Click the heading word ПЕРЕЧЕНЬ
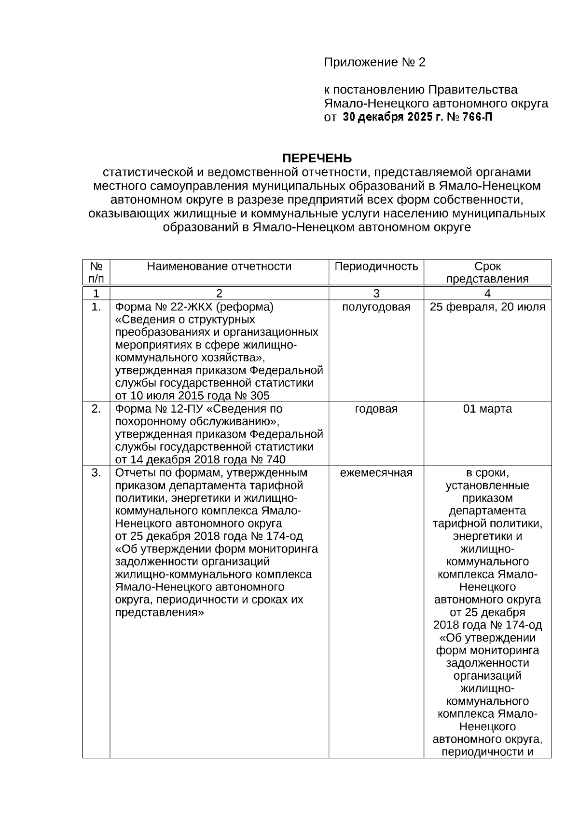(317, 158)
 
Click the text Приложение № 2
(374, 63)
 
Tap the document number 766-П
(478, 117)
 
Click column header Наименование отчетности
(219, 267)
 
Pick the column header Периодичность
(376, 267)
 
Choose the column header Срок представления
(487, 272)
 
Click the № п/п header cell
(96, 272)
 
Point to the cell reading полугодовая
(376, 307)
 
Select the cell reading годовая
(376, 409)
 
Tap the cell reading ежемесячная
(376, 473)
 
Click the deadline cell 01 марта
(487, 409)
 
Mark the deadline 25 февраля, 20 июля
(487, 307)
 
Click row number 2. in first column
(96, 409)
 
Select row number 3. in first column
(96, 473)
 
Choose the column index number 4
(487, 294)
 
